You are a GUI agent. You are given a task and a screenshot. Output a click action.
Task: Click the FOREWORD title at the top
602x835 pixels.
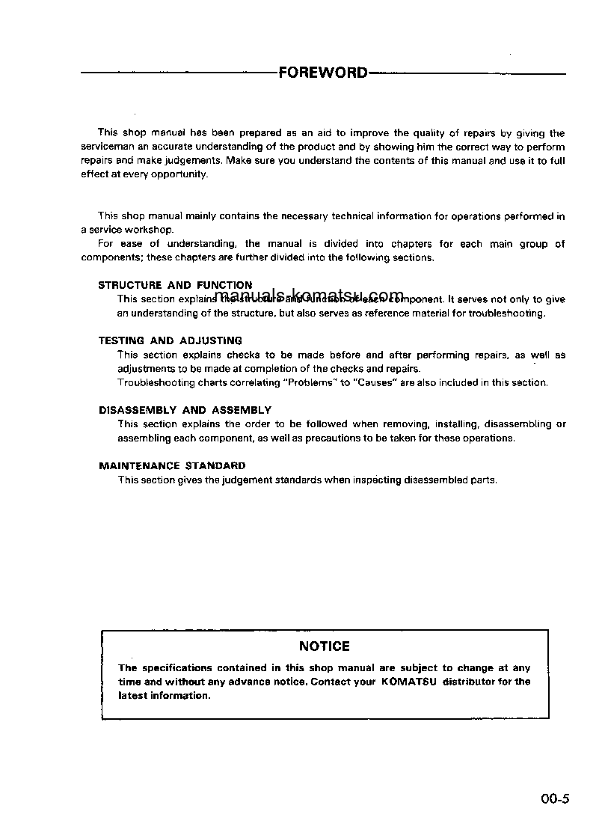tap(323, 73)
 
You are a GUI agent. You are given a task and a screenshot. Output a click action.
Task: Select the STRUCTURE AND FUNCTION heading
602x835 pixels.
tap(175, 285)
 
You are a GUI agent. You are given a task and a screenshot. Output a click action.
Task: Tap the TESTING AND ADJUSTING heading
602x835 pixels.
tap(170, 340)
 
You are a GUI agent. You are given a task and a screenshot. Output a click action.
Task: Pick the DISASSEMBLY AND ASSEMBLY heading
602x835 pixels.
tap(185, 410)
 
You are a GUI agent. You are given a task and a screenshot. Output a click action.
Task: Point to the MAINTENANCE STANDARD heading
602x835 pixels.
tap(172, 465)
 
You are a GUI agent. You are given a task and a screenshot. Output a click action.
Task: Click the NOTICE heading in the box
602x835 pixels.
tap(324, 646)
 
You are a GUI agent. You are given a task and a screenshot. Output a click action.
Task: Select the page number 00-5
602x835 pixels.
tap(556, 798)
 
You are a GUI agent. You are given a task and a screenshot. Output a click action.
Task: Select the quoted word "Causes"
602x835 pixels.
tap(373, 382)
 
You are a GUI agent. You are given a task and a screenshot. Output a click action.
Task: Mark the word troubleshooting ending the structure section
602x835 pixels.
tap(506, 313)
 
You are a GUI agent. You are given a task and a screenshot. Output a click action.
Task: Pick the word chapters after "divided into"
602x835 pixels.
tap(411, 244)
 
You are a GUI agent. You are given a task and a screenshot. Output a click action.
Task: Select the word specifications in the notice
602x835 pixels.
tap(177, 667)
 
